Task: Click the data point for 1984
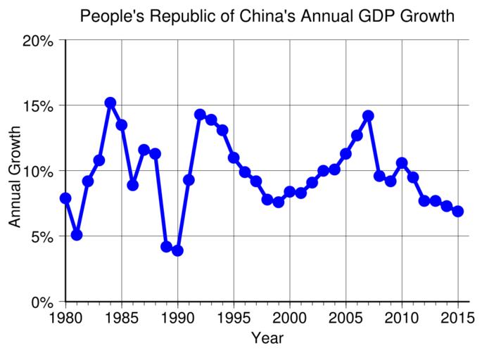110,103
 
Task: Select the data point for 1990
177,250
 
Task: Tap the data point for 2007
368,115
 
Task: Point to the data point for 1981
77,234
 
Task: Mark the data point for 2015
458,211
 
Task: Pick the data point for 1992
200,114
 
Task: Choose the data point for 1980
65,198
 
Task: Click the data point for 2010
402,163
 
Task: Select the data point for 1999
279,202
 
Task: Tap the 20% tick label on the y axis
37,40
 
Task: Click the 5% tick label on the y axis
42,237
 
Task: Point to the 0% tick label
42,302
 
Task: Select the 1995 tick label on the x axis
234,317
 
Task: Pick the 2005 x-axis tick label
345,317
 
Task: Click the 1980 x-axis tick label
65,317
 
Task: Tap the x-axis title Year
267,338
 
